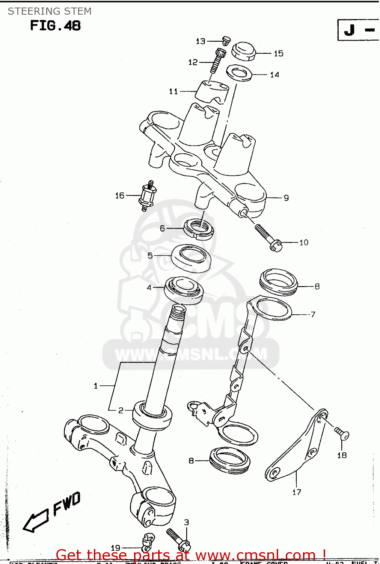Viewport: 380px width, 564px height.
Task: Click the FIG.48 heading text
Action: (x=55, y=26)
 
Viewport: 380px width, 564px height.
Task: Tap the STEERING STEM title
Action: (x=50, y=11)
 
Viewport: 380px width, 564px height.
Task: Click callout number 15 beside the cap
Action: (x=278, y=53)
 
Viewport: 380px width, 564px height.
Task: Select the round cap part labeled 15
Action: (x=243, y=51)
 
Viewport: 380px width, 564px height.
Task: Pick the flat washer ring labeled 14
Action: (x=239, y=73)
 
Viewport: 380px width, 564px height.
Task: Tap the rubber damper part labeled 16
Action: (x=148, y=196)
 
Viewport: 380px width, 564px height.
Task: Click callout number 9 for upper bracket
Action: (x=286, y=198)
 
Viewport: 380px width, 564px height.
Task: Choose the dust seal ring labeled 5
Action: (x=191, y=258)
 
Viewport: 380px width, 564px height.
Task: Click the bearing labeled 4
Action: (x=184, y=290)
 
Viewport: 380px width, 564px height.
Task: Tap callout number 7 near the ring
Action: (x=313, y=314)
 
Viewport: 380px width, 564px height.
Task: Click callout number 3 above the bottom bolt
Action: (x=187, y=522)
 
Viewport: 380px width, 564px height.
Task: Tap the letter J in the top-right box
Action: (x=350, y=30)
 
